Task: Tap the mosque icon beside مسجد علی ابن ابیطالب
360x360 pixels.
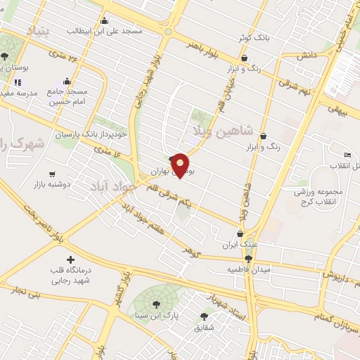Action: point(105,20)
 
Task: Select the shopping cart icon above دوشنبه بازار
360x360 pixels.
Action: point(52,174)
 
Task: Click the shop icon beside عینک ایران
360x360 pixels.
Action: point(240,234)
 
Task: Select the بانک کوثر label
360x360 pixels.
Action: point(251,37)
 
